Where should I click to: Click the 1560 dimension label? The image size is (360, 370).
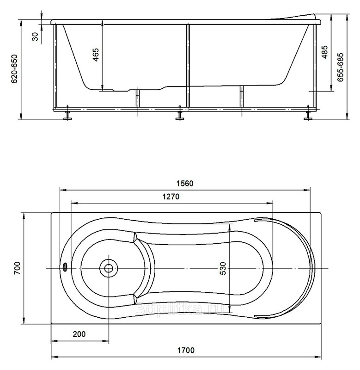click(x=185, y=183)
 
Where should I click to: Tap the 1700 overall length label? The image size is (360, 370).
click(x=186, y=350)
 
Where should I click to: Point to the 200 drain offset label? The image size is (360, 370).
click(x=79, y=334)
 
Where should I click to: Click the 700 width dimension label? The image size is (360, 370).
click(x=18, y=268)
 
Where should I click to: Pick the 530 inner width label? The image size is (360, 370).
click(x=223, y=268)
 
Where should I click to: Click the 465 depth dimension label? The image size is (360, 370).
click(x=96, y=55)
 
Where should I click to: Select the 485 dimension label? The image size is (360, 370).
click(x=324, y=52)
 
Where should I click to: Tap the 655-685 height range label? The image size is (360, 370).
click(x=340, y=68)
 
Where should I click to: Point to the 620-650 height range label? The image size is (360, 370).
click(x=14, y=69)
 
